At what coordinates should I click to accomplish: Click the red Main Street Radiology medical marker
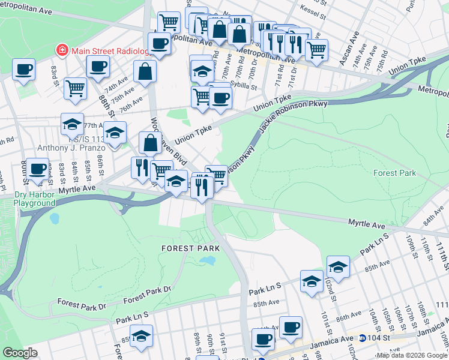61,50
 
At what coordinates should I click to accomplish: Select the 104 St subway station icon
362,338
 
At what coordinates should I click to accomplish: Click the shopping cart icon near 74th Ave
76,88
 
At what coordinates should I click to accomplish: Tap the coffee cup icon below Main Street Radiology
98,67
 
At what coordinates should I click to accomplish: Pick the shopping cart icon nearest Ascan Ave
316,50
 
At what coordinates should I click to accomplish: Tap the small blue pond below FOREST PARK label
208,261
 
